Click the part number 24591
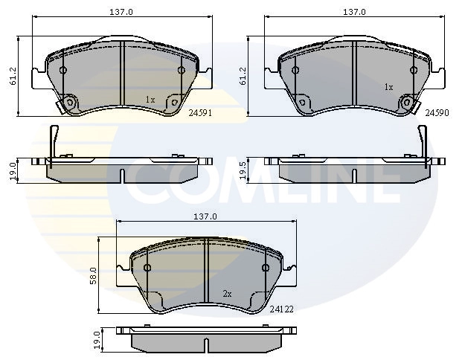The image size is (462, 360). click(x=200, y=113)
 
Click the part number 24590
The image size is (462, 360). click(x=437, y=113)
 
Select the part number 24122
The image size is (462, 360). click(x=282, y=309)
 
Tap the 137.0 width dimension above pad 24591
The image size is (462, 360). click(x=121, y=12)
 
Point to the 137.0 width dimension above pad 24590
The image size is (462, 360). click(x=354, y=12)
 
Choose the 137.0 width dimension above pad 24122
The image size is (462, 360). click(x=205, y=216)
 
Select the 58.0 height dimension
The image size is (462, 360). click(x=94, y=276)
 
